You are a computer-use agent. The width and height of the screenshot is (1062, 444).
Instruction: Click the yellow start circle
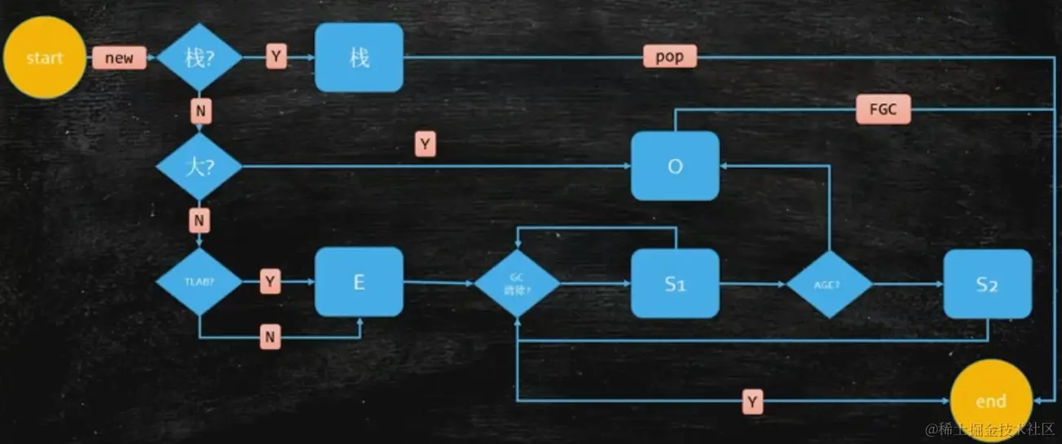click(x=45, y=58)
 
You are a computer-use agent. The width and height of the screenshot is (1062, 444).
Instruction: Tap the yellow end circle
click(x=990, y=401)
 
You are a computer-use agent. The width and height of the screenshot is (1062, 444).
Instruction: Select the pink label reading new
click(x=119, y=58)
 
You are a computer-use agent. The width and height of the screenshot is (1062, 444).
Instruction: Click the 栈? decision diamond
click(x=199, y=58)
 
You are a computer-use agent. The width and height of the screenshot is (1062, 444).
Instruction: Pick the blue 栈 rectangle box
click(x=359, y=57)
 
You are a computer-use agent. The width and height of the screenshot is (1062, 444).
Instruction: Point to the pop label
click(x=669, y=57)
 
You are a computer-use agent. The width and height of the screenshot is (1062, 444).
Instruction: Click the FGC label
click(x=883, y=109)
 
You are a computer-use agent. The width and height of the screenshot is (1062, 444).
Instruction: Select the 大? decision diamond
click(x=199, y=166)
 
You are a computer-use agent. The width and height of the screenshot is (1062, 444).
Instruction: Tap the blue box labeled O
click(x=675, y=166)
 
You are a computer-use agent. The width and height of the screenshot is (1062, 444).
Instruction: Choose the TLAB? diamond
click(x=199, y=283)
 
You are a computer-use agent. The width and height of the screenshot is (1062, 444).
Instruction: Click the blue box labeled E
click(x=359, y=282)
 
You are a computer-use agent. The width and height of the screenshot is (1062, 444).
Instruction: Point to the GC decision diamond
click(x=518, y=284)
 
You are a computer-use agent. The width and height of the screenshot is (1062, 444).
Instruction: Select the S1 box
click(x=675, y=284)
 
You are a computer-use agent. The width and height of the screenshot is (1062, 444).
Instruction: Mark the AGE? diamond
click(x=829, y=284)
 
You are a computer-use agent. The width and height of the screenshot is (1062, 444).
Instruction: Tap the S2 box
click(x=988, y=284)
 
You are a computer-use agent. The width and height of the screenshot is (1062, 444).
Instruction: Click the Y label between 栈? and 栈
click(x=276, y=57)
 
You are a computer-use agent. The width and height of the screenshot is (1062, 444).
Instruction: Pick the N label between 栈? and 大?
click(x=199, y=108)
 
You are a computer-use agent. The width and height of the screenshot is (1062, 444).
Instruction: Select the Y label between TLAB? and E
click(x=271, y=282)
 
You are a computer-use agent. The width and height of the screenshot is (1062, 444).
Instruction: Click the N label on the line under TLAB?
click(x=271, y=336)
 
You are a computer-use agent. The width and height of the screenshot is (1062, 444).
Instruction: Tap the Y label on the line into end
click(x=751, y=401)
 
